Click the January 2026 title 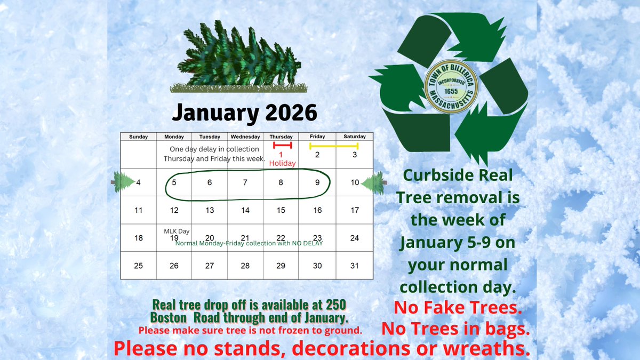(245, 113)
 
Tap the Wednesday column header (245, 137)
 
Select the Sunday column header (138, 137)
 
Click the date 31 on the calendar (355, 266)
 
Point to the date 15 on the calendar (281, 210)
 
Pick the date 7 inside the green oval (245, 182)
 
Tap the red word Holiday (282, 163)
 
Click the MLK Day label (174, 231)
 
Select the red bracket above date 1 (282, 145)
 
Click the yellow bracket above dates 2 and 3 (334, 145)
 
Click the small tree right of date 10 (373, 182)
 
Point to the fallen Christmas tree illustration (238, 56)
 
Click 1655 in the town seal (451, 91)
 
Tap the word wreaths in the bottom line (489, 348)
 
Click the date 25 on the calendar (138, 266)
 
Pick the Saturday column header (355, 137)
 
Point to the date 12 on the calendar (174, 210)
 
